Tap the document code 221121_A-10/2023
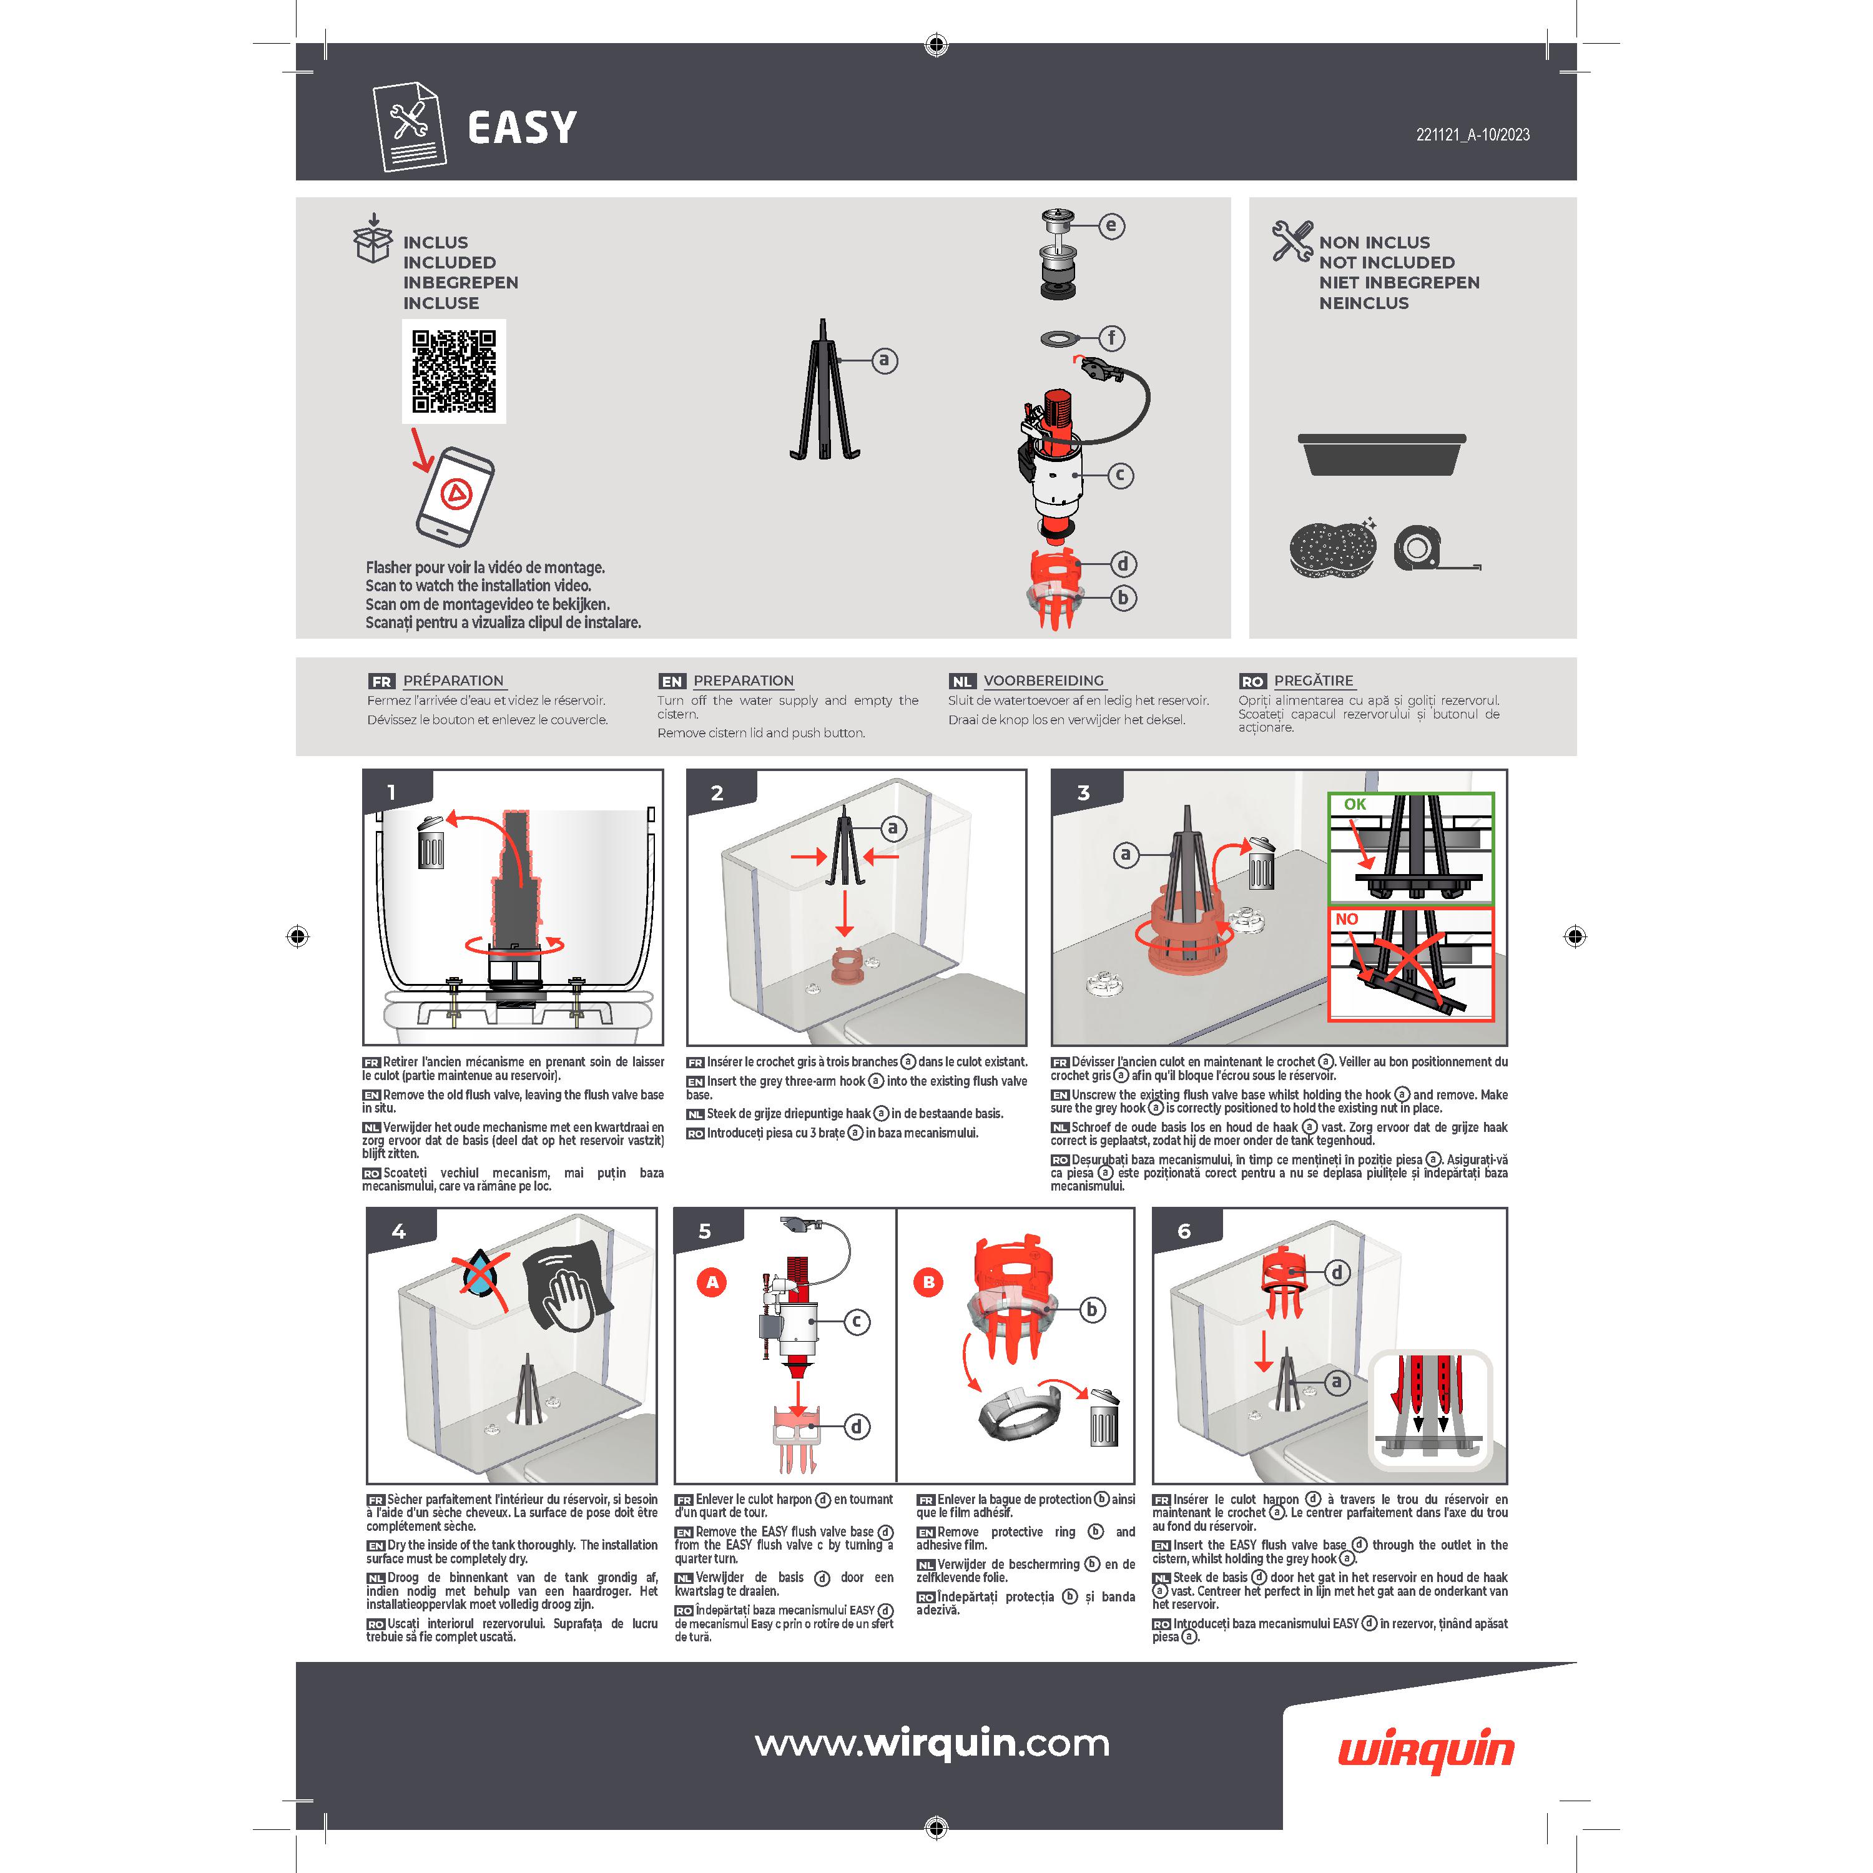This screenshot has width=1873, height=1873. (x=1473, y=135)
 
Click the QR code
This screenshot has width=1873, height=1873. (x=454, y=371)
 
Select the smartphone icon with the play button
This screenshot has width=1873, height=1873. (x=455, y=496)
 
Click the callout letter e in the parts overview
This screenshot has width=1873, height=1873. (x=1111, y=226)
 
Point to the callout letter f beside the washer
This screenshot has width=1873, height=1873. (x=1111, y=338)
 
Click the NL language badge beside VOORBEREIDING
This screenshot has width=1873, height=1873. (x=961, y=682)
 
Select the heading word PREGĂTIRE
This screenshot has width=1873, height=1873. (x=1314, y=681)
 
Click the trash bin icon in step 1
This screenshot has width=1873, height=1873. (x=430, y=842)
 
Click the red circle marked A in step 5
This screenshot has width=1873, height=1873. (x=712, y=1282)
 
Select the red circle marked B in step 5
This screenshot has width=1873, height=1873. (x=929, y=1282)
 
